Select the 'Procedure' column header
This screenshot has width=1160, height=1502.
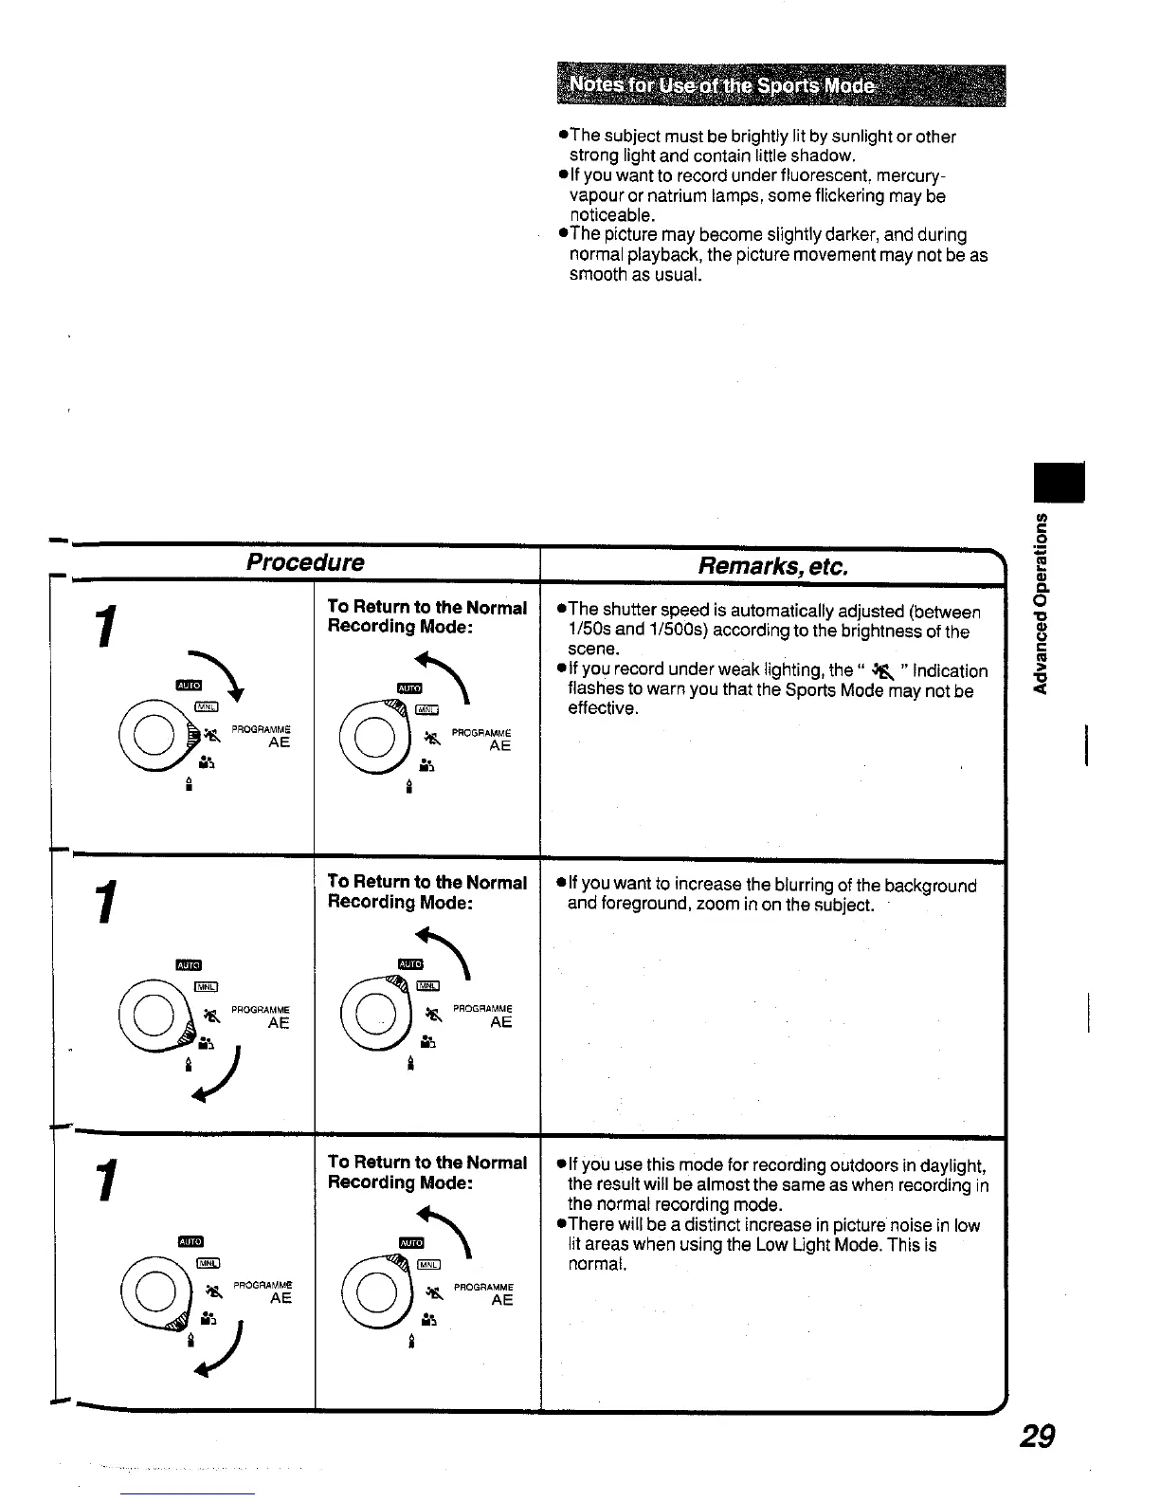point(305,562)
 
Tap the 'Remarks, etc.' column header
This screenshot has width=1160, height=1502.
point(772,566)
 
